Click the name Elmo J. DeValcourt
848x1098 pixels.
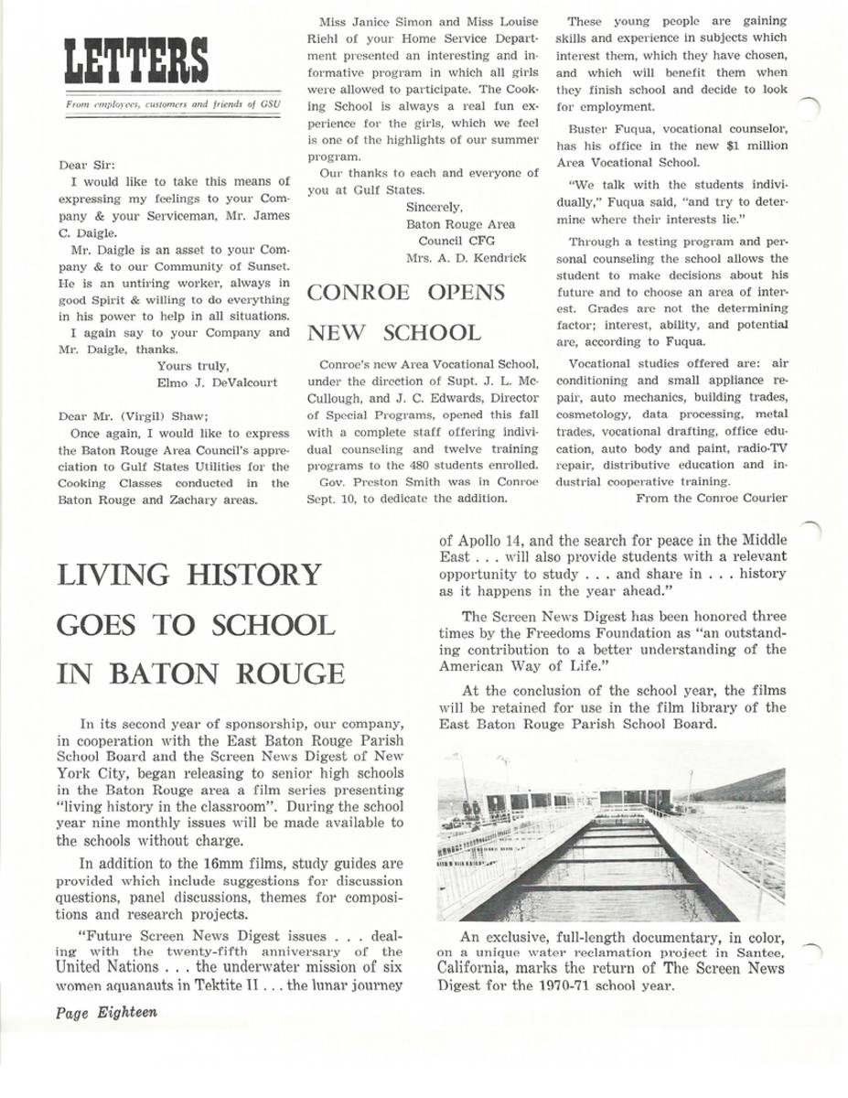tap(218, 382)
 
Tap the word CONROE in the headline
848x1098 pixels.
tap(360, 292)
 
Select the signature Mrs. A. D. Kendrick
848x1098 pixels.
tap(467, 258)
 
